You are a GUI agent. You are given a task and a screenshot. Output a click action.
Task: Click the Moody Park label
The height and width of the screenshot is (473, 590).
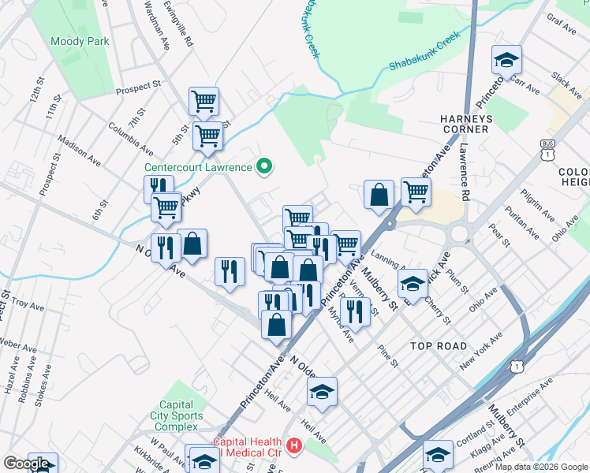pyautogui.click(x=73, y=40)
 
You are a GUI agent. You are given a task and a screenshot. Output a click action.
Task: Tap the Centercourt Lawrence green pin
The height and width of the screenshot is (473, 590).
pyautogui.click(x=266, y=166)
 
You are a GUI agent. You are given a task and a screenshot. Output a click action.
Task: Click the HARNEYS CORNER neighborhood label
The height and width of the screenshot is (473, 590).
pyautogui.click(x=465, y=124)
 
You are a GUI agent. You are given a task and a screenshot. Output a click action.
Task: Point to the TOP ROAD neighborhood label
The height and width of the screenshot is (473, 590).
pyautogui.click(x=439, y=346)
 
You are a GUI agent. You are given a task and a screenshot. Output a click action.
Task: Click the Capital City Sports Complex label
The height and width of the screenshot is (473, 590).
pyautogui.click(x=177, y=415)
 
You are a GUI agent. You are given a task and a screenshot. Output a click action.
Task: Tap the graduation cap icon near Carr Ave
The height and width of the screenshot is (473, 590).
pyautogui.click(x=506, y=60)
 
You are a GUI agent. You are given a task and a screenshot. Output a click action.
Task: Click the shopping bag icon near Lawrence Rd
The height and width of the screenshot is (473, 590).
pyautogui.click(x=379, y=195)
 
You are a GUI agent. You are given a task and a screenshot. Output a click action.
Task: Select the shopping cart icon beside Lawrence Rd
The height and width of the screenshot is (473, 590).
pyautogui.click(x=415, y=192)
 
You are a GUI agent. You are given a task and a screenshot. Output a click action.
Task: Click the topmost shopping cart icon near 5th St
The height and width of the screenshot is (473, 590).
pyautogui.click(x=204, y=101)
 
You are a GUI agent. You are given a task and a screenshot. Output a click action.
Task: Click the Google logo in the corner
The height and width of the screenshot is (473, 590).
pyautogui.click(x=26, y=464)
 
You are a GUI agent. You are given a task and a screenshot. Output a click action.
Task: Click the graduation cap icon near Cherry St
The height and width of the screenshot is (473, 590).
pyautogui.click(x=413, y=283)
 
